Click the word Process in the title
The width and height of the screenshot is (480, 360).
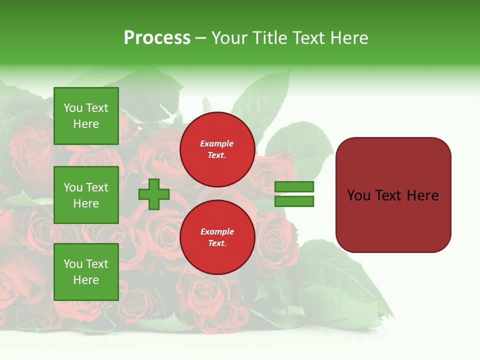pos(157,38)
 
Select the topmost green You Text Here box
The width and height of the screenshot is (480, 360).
pos(86,116)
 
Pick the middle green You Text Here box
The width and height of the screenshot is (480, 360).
pos(86,195)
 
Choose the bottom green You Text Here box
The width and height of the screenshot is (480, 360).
pos(86,272)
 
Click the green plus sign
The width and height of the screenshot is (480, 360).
pos(154,194)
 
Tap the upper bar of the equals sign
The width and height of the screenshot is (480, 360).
pos(294,187)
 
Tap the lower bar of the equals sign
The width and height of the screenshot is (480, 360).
pos(294,201)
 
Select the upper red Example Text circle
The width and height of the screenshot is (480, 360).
pos(217,149)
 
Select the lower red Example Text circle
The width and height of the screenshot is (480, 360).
pos(217,237)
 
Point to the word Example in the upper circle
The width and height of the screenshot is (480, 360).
pos(217,143)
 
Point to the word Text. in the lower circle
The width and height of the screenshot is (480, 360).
pos(217,243)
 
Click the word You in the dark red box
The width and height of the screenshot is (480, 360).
pos(359,195)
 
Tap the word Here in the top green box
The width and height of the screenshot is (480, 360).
pos(86,124)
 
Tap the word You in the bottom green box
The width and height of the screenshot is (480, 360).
pos(73,264)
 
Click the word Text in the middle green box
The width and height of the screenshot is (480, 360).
pos(97,187)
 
